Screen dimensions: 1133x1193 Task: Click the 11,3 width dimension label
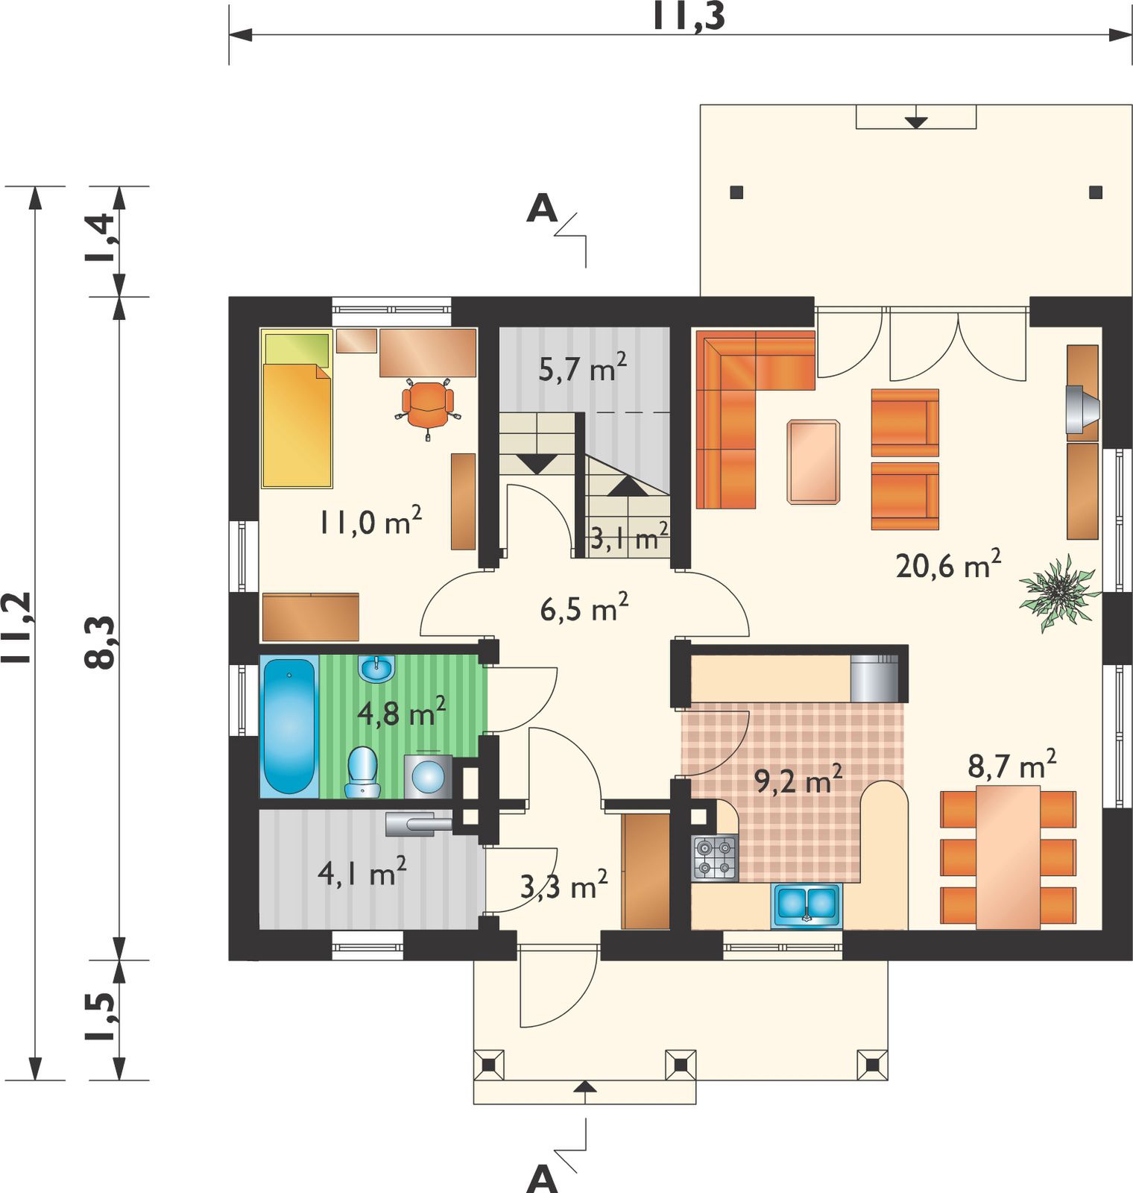click(688, 16)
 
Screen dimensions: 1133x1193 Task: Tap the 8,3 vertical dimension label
click(101, 642)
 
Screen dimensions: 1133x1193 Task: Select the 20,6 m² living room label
click(948, 564)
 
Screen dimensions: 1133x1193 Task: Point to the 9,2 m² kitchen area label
click(798, 779)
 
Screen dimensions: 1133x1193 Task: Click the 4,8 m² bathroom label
click(402, 712)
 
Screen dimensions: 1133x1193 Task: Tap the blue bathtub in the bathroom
click(288, 725)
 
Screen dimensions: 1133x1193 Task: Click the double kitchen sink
click(806, 904)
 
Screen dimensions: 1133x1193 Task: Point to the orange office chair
click(428, 407)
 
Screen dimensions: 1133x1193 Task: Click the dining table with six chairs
click(1009, 857)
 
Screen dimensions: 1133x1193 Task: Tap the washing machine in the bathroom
click(429, 776)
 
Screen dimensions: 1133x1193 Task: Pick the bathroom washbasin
click(377, 669)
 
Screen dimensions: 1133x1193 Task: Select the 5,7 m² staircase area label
click(583, 367)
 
